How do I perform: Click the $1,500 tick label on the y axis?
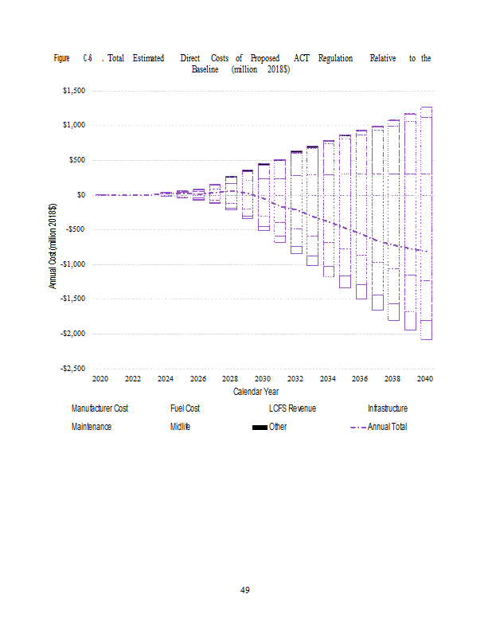[x=74, y=91]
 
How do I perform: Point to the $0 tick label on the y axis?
[x=80, y=195]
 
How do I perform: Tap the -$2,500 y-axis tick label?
[x=72, y=369]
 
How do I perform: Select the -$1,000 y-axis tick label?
[x=72, y=264]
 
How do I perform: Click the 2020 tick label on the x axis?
[x=100, y=379]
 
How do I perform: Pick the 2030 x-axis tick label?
[x=263, y=379]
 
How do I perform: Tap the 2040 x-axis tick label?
[x=425, y=379]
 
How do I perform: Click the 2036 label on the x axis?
[x=360, y=379]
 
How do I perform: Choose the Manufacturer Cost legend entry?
[x=100, y=408]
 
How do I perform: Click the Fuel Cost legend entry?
[x=185, y=408]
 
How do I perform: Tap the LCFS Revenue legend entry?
[x=292, y=408]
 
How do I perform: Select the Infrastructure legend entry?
[x=388, y=408]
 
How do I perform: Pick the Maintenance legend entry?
[x=92, y=427]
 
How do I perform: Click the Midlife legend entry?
[x=180, y=427]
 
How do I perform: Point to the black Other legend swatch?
[x=260, y=428]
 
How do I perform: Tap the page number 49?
[x=245, y=590]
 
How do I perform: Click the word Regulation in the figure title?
[x=335, y=58]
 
